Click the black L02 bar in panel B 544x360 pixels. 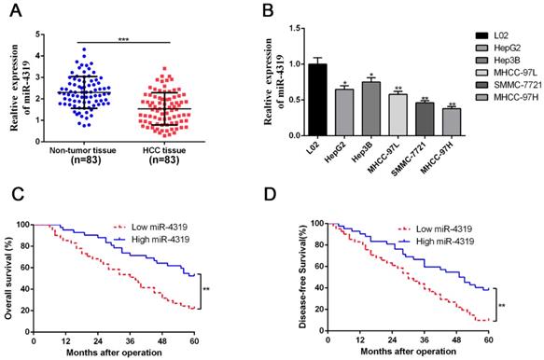point(317,100)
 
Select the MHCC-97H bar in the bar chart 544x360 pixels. point(452,122)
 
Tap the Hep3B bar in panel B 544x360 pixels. point(371,108)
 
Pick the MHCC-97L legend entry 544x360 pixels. point(508,73)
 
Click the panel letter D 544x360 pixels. point(271,195)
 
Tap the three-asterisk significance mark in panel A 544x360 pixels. point(123,39)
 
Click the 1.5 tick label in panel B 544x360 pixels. point(295,28)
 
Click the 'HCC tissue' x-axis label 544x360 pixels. point(164,150)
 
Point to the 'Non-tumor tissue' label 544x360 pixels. point(82,150)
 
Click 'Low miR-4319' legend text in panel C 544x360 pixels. point(160,228)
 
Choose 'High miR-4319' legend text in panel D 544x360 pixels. point(445,242)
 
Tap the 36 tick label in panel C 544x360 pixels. point(130,341)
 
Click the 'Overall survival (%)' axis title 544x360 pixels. point(8,278)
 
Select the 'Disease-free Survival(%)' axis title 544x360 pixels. point(303,276)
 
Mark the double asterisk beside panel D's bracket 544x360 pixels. point(502,306)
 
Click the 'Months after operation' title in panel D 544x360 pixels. point(409,352)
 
